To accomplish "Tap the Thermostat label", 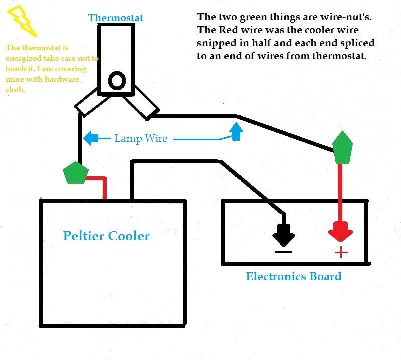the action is tap(116, 18).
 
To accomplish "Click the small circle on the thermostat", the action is tap(117, 81).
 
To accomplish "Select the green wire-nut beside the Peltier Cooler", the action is tap(76, 173).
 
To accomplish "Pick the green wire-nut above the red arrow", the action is tap(342, 148).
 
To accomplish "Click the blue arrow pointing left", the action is tap(97, 139).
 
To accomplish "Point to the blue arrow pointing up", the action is tap(236, 132).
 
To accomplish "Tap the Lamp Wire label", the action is tap(141, 138).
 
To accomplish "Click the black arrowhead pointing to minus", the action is tap(284, 235).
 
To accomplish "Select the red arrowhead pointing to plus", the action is tap(341, 232).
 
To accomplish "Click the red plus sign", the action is tap(341, 253).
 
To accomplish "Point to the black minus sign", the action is tap(283, 252).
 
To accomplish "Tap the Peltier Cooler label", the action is tap(106, 236).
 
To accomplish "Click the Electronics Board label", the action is tap(294, 276).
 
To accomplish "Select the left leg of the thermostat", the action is tap(89, 103).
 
